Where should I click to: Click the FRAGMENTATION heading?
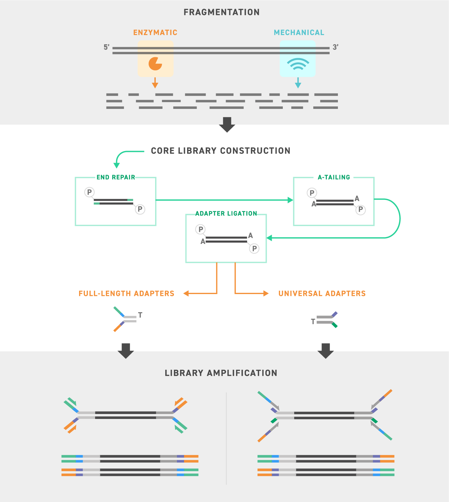[222, 12]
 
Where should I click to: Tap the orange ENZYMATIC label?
[155, 33]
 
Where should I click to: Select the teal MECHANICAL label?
[299, 33]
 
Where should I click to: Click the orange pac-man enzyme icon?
[155, 64]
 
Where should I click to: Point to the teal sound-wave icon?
[298, 64]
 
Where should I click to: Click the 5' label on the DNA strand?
[106, 47]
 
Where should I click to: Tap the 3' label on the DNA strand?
[335, 47]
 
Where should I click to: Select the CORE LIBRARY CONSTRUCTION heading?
[221, 151]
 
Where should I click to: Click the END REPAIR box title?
[116, 177]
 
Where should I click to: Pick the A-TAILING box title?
[334, 177]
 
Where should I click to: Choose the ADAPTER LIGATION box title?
[226, 214]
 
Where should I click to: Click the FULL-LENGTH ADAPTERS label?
[126, 293]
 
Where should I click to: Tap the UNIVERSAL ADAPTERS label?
[322, 293]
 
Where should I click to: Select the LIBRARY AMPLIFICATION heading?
[221, 373]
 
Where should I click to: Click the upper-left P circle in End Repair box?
[89, 192]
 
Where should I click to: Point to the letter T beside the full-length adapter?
[140, 315]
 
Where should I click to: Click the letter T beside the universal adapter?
[313, 321]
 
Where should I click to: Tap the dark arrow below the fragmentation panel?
[227, 125]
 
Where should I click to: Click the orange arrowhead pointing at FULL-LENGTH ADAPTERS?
[186, 293]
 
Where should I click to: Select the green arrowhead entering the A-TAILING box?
[290, 200]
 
